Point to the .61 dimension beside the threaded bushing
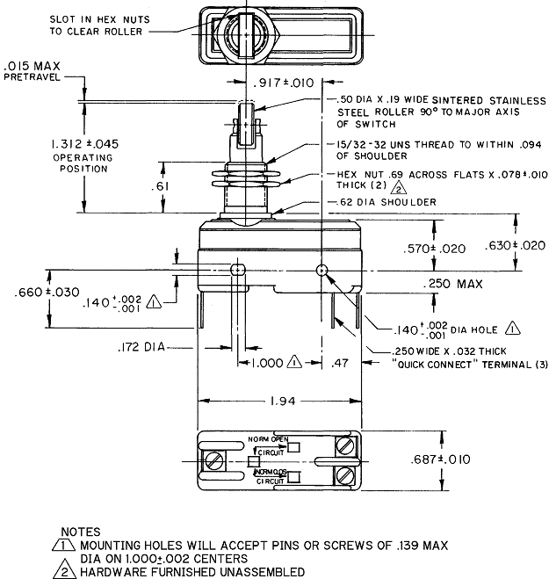click(x=134, y=187)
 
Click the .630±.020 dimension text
click(x=515, y=245)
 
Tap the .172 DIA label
click(x=141, y=348)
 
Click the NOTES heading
click(x=81, y=532)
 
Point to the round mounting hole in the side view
click(x=322, y=270)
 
